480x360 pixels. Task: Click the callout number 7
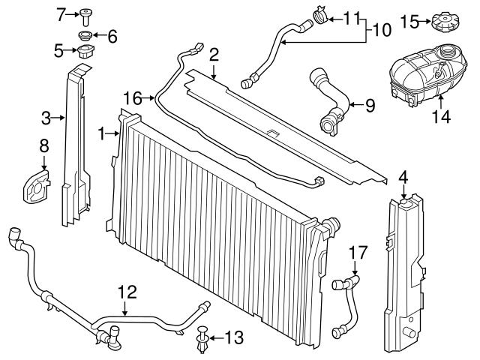62,13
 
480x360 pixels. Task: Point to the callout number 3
46,117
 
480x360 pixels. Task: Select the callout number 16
132,97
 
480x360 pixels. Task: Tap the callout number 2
214,54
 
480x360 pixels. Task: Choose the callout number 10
382,31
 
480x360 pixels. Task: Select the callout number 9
370,106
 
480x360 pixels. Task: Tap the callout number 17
357,253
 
